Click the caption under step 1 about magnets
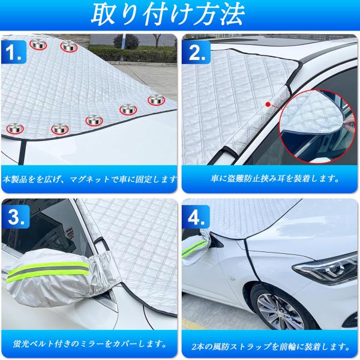tap(90, 179)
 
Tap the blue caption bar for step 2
tap(270, 178)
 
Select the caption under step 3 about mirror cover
tap(90, 344)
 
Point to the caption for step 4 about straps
tap(270, 344)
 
